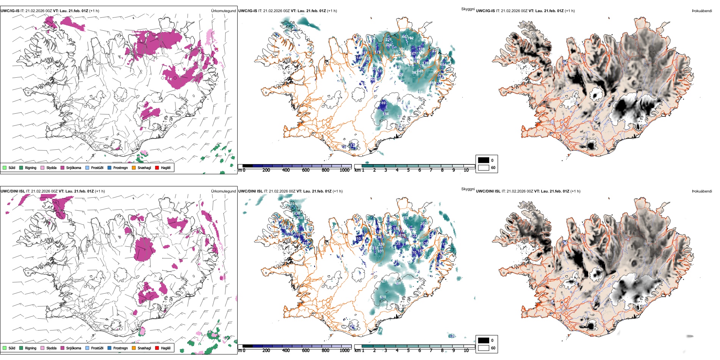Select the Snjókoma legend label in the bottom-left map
point(74,348)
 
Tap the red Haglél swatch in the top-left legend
point(157,168)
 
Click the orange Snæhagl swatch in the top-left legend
point(134,168)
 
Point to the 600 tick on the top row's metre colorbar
point(305,170)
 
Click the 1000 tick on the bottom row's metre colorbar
point(344,351)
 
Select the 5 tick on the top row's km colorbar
point(408,170)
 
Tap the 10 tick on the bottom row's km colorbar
point(466,351)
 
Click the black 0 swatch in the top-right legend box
point(484,160)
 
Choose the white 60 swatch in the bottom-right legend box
point(484,348)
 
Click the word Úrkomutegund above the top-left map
point(223,11)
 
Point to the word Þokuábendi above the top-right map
point(702,11)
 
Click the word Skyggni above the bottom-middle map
point(468,189)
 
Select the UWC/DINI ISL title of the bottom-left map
point(13,191)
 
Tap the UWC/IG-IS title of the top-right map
point(485,11)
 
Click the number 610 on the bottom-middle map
point(383,297)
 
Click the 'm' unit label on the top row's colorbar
point(239,170)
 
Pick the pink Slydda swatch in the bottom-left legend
point(42,348)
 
